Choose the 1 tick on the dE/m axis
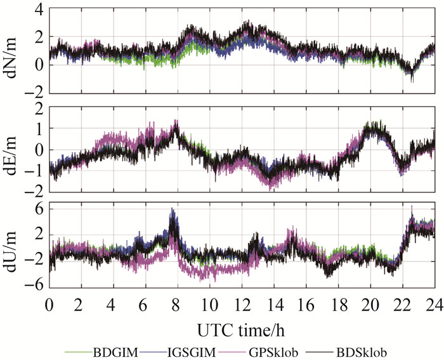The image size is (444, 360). (37, 129)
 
